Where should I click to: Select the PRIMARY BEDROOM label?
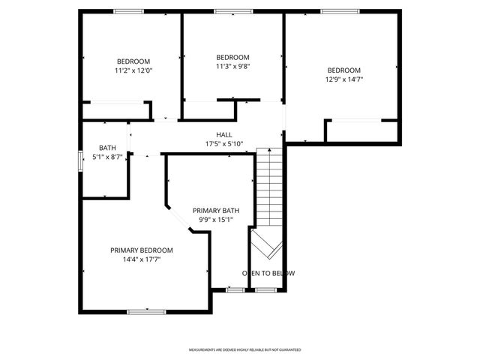[x=142, y=250]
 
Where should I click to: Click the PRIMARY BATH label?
[x=215, y=211]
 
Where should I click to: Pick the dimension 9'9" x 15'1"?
[x=215, y=220]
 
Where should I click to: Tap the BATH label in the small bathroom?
[x=107, y=148]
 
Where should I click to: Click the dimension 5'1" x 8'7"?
[x=107, y=157]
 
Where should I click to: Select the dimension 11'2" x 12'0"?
[x=133, y=70]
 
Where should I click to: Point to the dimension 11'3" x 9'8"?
[x=232, y=66]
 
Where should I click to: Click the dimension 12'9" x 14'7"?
[x=343, y=79]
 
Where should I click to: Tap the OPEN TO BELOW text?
[x=268, y=273]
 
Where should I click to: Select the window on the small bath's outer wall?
[x=81, y=161]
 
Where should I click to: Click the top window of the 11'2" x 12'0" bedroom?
[x=129, y=11]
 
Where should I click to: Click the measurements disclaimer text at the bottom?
[x=244, y=349]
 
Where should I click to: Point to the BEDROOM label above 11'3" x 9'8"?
[x=232, y=57]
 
